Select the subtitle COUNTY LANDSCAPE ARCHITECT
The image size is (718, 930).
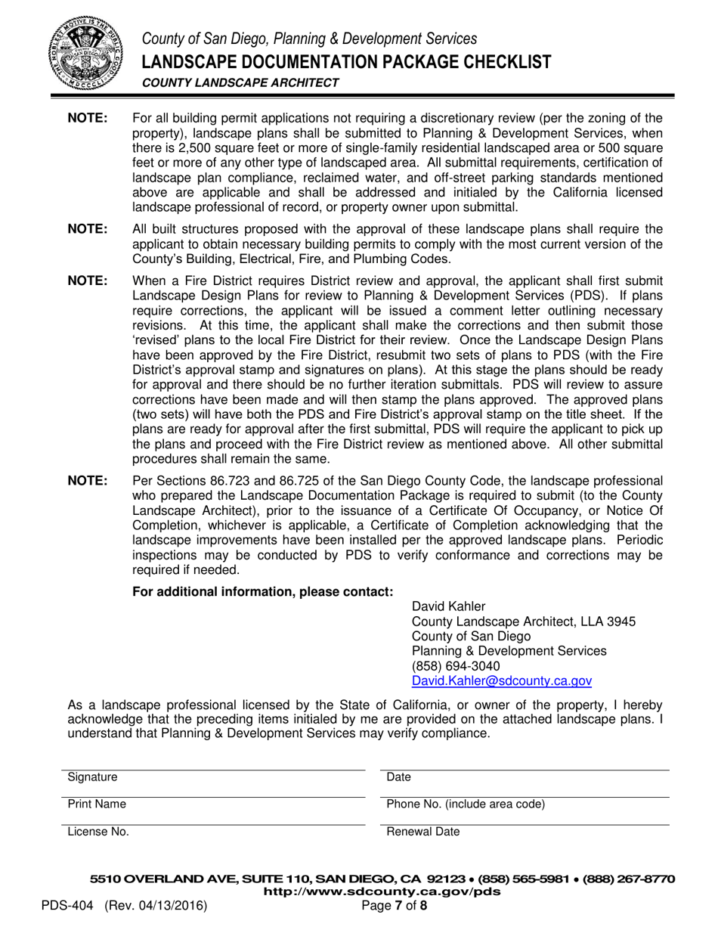click(240, 83)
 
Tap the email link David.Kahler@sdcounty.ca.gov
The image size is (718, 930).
click(501, 680)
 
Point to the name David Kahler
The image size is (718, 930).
click(449, 606)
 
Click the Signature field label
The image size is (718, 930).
click(92, 777)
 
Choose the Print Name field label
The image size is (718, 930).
click(97, 804)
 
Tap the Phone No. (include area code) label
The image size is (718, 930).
click(466, 804)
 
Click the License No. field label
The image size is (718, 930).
click(98, 832)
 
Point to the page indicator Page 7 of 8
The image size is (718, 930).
click(395, 905)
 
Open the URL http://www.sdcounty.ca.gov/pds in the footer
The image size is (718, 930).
click(382, 891)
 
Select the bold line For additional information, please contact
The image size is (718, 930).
click(262, 591)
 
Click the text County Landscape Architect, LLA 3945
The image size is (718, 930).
click(523, 622)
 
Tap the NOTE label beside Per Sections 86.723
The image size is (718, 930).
click(88, 481)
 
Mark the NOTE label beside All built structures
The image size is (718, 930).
click(88, 229)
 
